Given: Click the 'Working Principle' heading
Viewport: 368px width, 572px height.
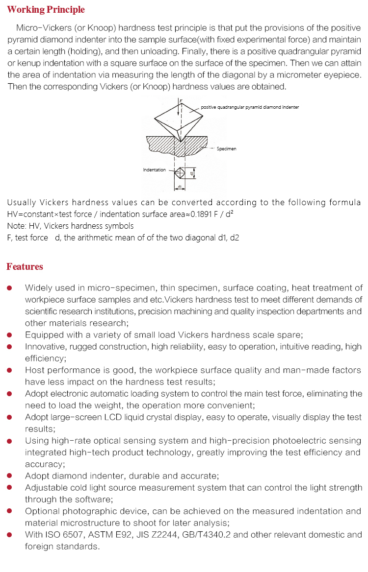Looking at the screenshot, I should [x=46, y=10].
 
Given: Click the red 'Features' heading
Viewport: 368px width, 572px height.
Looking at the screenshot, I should [x=25, y=267].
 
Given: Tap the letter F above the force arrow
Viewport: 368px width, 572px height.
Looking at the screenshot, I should [x=181, y=100].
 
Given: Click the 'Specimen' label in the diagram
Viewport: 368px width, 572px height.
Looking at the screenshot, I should [x=226, y=148].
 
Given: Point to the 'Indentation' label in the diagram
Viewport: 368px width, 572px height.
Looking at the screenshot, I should [x=154, y=170].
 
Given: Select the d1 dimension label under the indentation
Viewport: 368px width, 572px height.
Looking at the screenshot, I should [x=180, y=187].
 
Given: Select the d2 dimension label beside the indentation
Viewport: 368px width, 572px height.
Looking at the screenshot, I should [x=192, y=173].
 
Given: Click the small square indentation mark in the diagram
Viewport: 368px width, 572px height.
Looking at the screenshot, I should [x=180, y=172].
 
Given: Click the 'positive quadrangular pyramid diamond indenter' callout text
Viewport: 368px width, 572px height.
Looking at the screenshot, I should [x=250, y=107].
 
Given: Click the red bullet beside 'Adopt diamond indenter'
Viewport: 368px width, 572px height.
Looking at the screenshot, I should [x=9, y=476].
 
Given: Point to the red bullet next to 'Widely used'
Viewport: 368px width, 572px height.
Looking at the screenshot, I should [x=9, y=288].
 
